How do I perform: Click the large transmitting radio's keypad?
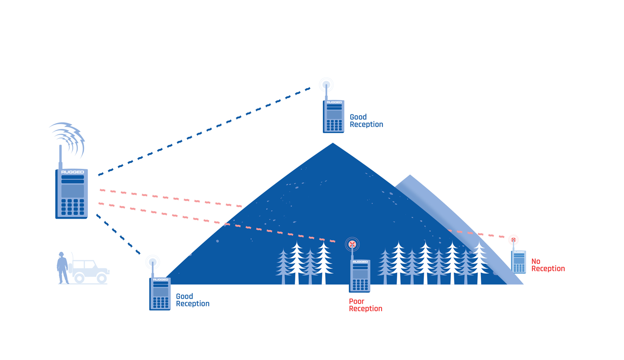[x=73, y=207]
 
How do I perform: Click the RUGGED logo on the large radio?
[x=72, y=172]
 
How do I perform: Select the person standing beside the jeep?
[x=62, y=268]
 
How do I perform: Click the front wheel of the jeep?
[x=101, y=278]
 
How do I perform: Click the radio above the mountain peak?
[x=334, y=116]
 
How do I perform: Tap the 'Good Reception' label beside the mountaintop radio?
[x=366, y=121]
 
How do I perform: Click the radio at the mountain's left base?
[x=160, y=293]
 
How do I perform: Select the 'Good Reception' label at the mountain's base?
[x=192, y=300]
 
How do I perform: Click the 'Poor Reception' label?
[x=365, y=305]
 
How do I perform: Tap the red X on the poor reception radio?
[x=352, y=244]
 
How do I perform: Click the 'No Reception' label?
[x=547, y=265]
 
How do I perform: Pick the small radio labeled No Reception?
[x=519, y=261]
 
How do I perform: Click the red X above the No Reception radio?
[x=513, y=240]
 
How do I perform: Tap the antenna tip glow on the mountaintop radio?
[x=326, y=85]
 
